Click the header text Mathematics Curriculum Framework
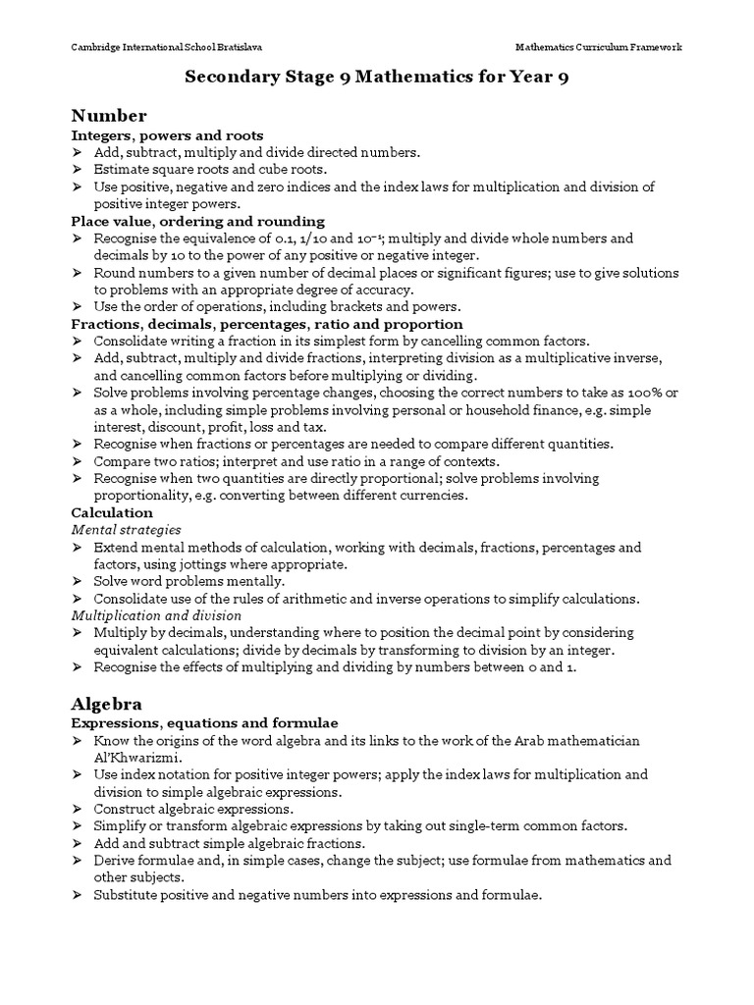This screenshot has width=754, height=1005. click(599, 47)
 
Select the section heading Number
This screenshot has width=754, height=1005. click(109, 116)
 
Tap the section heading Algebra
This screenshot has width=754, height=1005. click(107, 704)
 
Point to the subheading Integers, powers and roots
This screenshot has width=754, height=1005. click(167, 135)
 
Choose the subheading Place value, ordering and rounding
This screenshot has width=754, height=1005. click(198, 221)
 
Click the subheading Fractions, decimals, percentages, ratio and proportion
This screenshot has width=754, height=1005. click(267, 324)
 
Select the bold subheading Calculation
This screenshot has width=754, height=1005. click(112, 512)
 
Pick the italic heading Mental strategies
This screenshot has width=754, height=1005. click(126, 530)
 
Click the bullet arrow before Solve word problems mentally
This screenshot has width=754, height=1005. click(79, 581)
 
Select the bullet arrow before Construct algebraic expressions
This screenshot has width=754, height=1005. click(79, 810)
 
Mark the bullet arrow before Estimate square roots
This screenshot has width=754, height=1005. click(79, 170)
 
